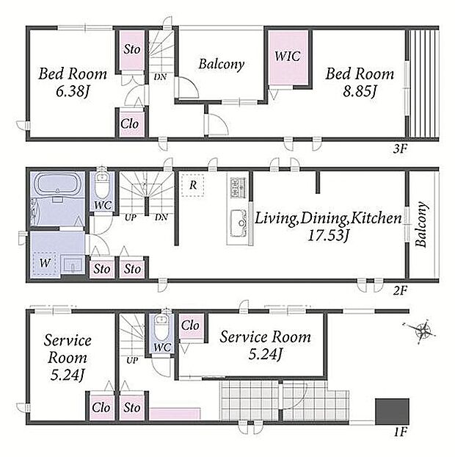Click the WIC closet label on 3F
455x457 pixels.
pyautogui.click(x=288, y=56)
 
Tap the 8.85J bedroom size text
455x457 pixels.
pyautogui.click(x=360, y=92)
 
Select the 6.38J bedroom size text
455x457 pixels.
pyautogui.click(x=73, y=92)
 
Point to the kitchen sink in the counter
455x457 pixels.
pyautogui.click(x=239, y=223)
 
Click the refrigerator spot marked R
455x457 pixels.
pyautogui.click(x=192, y=184)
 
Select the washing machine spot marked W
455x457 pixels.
pyautogui.click(x=45, y=263)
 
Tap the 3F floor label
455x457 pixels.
pyautogui.click(x=400, y=149)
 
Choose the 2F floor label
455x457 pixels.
pyautogui.click(x=400, y=290)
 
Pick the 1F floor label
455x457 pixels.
pyautogui.click(x=400, y=432)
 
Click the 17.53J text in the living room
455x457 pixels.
pyautogui.click(x=328, y=236)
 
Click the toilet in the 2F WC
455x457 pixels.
pyautogui.click(x=102, y=186)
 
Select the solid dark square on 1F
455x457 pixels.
pyautogui.click(x=392, y=411)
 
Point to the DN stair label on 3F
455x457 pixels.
pyautogui.click(x=161, y=77)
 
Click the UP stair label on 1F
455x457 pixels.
pyautogui.click(x=132, y=361)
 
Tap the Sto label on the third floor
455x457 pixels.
pyautogui.click(x=132, y=49)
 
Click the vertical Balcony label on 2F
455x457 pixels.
pyautogui.click(x=422, y=224)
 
